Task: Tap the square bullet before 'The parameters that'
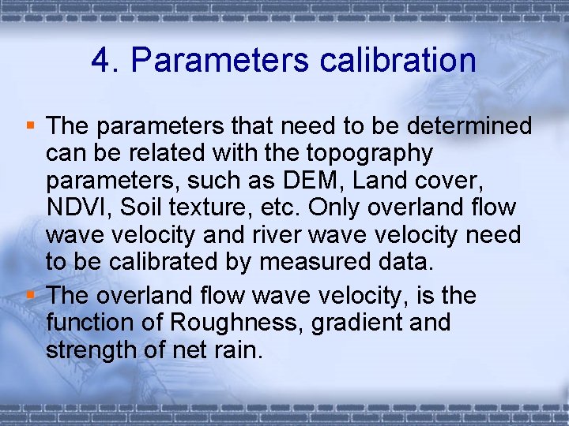31,124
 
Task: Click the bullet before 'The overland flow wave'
31,294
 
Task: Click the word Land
381,181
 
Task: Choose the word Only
336,208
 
